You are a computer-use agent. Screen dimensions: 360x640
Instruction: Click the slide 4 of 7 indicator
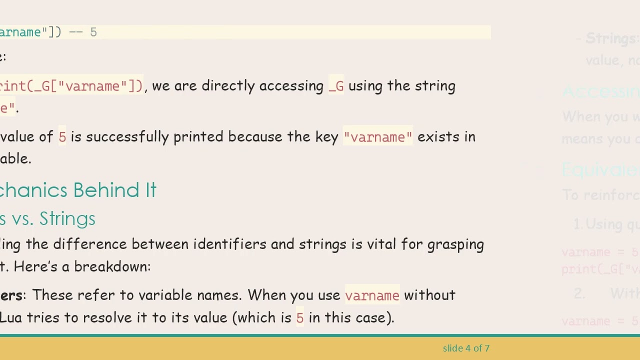466,348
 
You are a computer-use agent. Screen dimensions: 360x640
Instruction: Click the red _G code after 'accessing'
336,86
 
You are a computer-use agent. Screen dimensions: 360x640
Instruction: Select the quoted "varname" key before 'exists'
378,137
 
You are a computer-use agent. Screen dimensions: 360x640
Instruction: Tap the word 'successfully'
127,137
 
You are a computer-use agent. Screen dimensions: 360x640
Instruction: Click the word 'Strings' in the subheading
67,218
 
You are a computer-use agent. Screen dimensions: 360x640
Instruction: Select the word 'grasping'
455,245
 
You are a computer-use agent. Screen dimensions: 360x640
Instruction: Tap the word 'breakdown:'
112,266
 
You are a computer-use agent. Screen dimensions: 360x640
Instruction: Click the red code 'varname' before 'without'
372,295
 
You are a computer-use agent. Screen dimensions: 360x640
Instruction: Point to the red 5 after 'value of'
62,137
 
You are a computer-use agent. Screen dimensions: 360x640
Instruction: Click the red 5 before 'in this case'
299,317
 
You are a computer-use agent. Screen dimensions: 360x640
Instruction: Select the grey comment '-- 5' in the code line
83,32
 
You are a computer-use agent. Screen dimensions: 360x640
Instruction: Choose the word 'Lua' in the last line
11,317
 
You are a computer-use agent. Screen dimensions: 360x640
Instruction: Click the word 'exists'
432,137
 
